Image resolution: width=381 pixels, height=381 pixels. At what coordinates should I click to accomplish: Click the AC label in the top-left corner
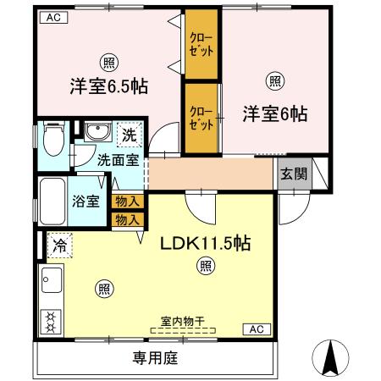52,16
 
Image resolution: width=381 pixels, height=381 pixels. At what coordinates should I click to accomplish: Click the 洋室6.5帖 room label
108,86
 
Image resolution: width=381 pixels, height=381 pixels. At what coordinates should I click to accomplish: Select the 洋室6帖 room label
274,113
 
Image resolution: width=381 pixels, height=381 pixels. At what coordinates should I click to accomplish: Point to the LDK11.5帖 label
206,243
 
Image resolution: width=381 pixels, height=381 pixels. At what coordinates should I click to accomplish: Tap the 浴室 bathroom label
85,202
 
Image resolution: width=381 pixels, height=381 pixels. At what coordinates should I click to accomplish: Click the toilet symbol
52,139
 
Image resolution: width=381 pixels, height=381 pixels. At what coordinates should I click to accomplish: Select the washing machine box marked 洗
127,135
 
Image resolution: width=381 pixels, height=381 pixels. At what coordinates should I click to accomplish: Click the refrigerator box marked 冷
59,246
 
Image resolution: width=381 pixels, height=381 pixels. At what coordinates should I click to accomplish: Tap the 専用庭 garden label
155,358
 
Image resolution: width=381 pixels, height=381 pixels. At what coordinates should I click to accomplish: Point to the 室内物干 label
182,321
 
